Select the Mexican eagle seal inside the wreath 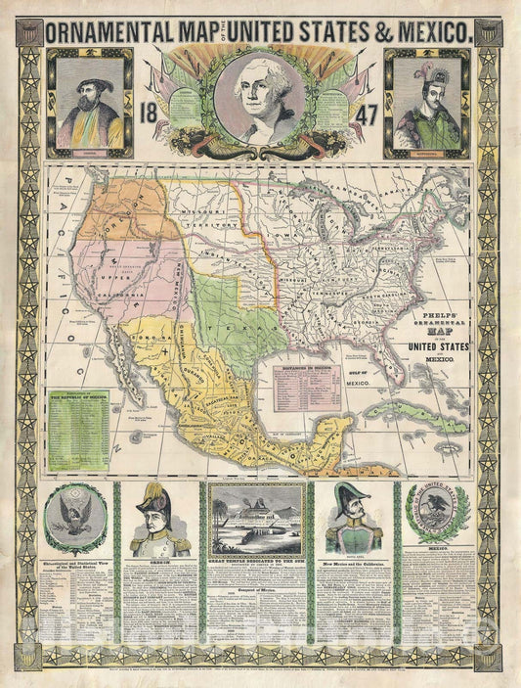437,512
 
